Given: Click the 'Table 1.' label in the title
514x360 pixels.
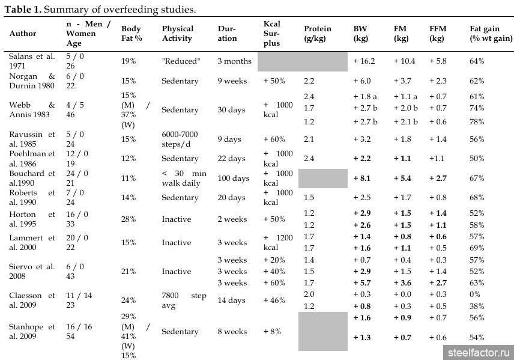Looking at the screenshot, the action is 23,9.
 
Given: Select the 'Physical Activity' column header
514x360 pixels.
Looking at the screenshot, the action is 178,34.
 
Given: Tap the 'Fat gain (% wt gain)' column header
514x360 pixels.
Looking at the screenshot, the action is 491,34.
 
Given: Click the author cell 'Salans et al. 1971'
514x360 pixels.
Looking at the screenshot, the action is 32,61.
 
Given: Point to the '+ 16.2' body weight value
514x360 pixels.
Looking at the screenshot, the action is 364,61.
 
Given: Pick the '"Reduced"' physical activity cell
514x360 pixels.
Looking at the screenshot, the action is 180,61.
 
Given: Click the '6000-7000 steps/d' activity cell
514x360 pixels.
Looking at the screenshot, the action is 180,139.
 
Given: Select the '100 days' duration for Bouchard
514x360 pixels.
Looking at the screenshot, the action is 234,178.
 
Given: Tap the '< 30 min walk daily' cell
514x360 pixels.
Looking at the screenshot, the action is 184,178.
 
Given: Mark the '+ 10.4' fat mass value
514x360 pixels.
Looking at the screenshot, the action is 404,61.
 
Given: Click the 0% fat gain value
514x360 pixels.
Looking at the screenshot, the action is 474,294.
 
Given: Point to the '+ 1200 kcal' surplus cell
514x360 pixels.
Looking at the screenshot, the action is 278,243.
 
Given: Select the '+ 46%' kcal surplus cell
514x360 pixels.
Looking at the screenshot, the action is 274,301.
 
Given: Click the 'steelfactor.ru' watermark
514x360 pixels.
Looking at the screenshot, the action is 479,353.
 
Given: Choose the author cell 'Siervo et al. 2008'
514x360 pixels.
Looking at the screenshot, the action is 32,272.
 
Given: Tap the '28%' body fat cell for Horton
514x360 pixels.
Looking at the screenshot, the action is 128,219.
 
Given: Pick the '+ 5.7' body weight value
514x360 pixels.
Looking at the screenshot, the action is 362,283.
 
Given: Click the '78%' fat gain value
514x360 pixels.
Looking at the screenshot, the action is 477,122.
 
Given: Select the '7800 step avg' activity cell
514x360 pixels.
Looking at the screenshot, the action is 184,301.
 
